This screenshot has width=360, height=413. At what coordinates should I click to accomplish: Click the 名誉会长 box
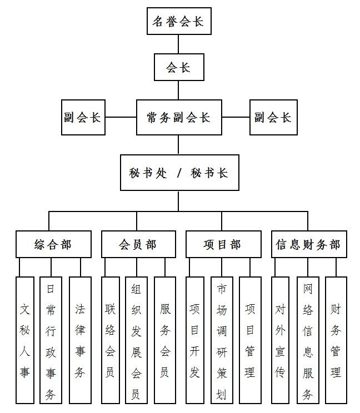[x=179, y=21]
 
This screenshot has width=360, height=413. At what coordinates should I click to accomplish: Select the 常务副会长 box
[x=179, y=118]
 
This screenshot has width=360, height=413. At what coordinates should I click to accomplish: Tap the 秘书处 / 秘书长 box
[x=179, y=173]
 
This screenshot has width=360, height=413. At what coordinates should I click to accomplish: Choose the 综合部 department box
[x=53, y=244]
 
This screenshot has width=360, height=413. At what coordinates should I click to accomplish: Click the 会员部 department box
[x=138, y=244]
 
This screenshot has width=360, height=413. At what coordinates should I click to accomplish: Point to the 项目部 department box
[x=223, y=244]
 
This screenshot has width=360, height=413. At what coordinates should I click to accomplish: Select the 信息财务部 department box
[x=309, y=244]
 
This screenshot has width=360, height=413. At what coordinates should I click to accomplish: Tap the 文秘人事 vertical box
[x=25, y=340]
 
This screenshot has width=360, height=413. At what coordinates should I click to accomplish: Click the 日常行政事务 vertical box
[x=51, y=340]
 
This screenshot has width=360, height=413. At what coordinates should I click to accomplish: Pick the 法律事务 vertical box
[x=81, y=340]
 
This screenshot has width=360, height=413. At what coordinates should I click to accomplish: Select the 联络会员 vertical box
[x=111, y=340]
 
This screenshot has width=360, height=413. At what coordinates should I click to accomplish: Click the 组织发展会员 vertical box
[x=136, y=340]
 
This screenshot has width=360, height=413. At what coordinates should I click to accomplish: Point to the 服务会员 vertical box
[x=165, y=340]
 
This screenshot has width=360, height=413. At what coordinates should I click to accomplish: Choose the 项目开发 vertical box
[x=195, y=340]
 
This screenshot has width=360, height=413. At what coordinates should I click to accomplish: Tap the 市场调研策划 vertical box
[x=222, y=340]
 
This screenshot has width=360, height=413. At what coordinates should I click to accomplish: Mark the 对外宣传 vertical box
[x=280, y=340]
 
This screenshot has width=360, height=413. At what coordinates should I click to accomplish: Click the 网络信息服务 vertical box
[x=308, y=340]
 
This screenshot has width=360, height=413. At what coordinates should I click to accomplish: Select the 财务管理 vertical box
[x=336, y=340]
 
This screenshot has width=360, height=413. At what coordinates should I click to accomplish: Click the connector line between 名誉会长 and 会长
[x=178, y=44]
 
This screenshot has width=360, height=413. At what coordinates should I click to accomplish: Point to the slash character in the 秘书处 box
[x=179, y=173]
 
